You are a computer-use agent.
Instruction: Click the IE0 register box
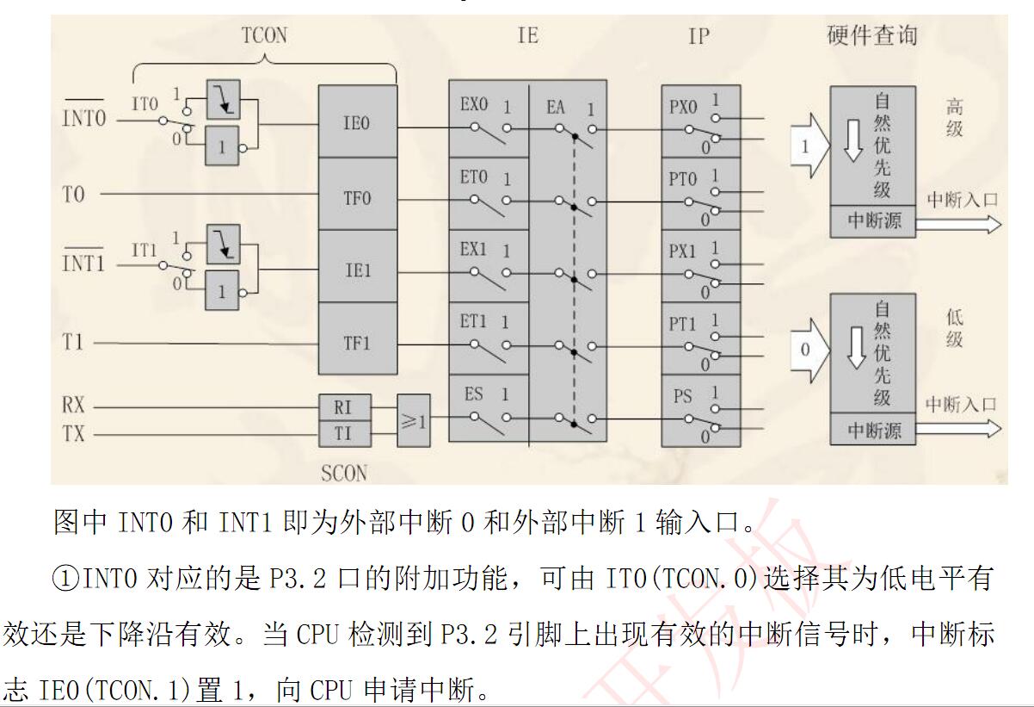[x=357, y=122]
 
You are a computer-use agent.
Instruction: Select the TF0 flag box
[x=357, y=196]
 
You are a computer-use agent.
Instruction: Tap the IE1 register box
[x=357, y=269]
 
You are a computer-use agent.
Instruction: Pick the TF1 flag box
[x=357, y=342]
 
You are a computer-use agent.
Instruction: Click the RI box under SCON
[x=343, y=406]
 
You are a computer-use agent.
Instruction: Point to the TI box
[x=343, y=433]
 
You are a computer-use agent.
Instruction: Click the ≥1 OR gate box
[x=413, y=420]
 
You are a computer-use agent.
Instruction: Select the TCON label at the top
[x=264, y=35]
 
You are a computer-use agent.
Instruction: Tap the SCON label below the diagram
[x=343, y=473]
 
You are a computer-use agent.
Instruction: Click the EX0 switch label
[x=474, y=105]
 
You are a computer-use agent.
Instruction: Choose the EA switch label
[x=556, y=107]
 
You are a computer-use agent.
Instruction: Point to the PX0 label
[x=683, y=109]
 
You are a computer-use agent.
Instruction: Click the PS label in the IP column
[x=682, y=397]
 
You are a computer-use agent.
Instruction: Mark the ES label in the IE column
[x=473, y=394]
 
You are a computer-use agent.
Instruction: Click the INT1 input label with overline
[x=83, y=263]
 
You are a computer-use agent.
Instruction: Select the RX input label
[x=74, y=406]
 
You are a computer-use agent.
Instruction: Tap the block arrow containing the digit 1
[x=809, y=146]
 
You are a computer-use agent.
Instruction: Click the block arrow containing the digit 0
[x=809, y=350]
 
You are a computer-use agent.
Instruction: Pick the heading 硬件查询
[x=871, y=35]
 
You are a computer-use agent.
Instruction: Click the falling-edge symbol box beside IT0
[x=223, y=101]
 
